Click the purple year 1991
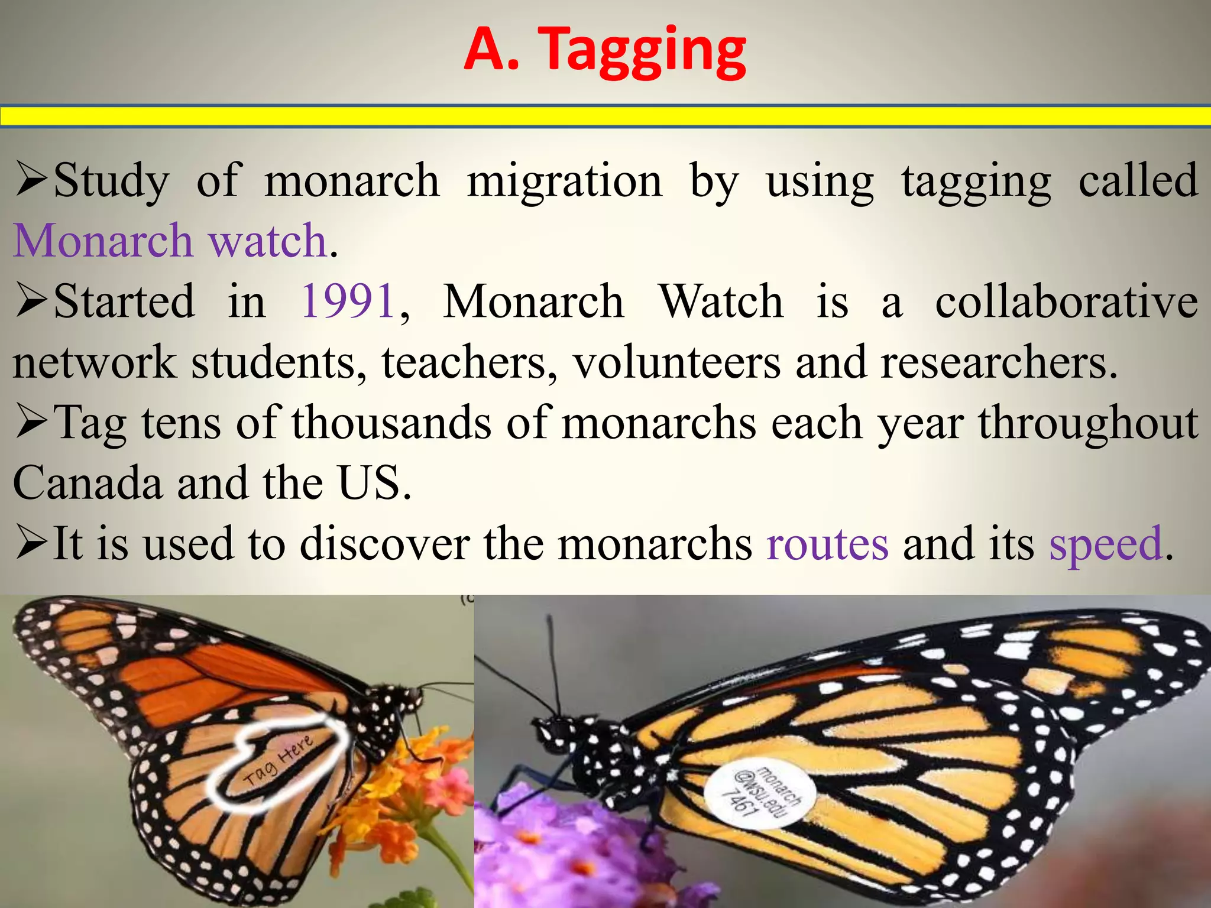click(x=348, y=301)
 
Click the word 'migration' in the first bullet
click(x=565, y=180)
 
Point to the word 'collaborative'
click(x=1066, y=301)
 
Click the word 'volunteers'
click(x=676, y=362)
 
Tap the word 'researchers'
click(x=999, y=362)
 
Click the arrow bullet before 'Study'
click(x=32, y=180)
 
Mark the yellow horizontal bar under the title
click(x=605, y=116)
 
